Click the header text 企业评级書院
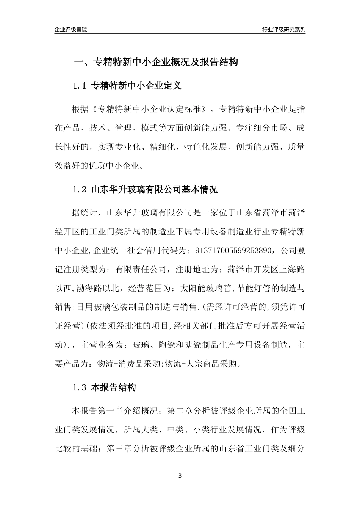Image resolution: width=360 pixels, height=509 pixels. point(71,30)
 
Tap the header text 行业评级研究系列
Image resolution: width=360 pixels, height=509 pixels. point(283,30)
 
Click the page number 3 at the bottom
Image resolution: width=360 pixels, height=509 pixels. point(180,476)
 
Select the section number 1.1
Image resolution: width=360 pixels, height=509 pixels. point(80,86)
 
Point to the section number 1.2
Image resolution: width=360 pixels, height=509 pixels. point(80,189)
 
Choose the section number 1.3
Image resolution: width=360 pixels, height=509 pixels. point(80,387)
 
